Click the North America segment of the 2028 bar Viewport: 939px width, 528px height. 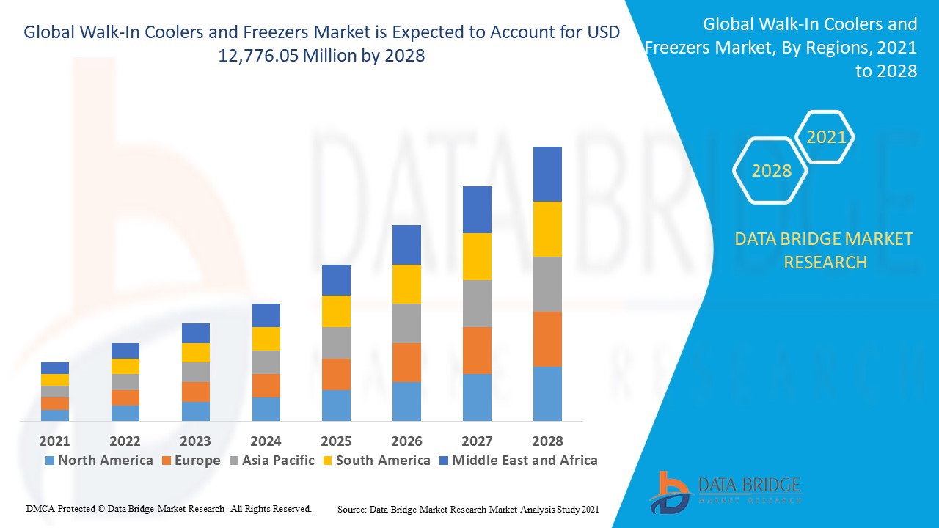tap(547, 394)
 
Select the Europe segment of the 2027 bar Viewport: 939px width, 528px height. tap(477, 351)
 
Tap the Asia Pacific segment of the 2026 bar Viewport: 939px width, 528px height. tap(406, 323)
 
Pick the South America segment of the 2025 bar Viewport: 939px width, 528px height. tap(336, 311)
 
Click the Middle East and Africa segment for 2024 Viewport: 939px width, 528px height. tap(266, 315)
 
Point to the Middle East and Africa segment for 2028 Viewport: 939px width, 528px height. tap(547, 174)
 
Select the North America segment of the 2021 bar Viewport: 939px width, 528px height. tap(55, 415)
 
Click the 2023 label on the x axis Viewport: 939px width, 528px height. tap(195, 441)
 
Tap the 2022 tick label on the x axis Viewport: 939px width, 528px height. tap(125, 441)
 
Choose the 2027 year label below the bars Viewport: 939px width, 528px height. tap(477, 441)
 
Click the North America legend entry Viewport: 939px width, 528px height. tap(99, 461)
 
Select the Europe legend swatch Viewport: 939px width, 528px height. tap(166, 461)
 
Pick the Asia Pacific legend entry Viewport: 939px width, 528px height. tap(271, 461)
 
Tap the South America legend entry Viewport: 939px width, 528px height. tap(376, 461)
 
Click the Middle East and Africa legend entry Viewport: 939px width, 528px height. tap(517, 461)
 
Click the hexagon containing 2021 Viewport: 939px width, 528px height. tap(826, 137)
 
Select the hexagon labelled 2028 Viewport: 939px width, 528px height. tap(771, 171)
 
